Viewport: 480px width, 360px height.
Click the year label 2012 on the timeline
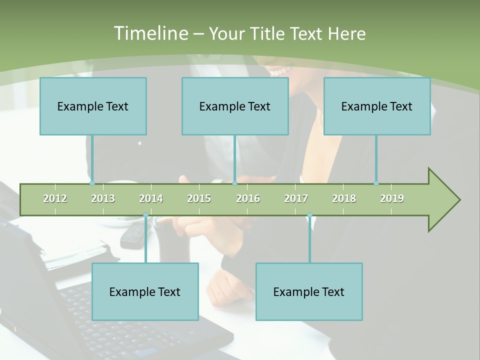[55, 198]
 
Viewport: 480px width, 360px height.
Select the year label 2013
[103, 198]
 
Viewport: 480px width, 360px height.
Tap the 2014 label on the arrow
[151, 198]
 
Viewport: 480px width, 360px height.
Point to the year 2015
[199, 198]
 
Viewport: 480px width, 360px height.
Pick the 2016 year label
[248, 198]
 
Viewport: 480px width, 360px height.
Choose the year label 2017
[296, 198]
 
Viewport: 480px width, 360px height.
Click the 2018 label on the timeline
[344, 198]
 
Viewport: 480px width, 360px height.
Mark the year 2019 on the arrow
[392, 198]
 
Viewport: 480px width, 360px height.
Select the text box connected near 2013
[93, 106]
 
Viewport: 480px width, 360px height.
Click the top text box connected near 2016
[235, 106]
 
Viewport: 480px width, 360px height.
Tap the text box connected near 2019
[377, 106]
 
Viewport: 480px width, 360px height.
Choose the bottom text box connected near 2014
[145, 291]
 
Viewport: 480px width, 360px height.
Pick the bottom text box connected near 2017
[309, 291]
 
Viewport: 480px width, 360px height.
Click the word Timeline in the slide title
[150, 33]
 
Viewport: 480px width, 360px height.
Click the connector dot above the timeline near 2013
[92, 183]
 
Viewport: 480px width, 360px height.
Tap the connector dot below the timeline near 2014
[145, 215]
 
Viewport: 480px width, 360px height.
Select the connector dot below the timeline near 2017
[309, 215]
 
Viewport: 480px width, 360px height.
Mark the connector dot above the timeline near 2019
[376, 183]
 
